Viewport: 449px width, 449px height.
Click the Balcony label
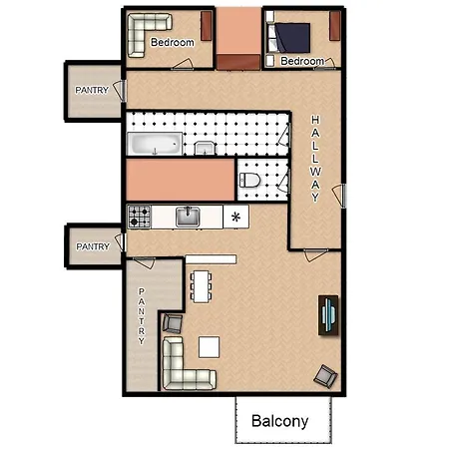coord(279,421)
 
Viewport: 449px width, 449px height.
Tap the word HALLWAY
coord(315,159)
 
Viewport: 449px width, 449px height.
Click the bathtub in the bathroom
coord(155,144)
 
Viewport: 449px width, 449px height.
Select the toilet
coord(249,180)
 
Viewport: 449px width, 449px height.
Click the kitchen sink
coord(188,217)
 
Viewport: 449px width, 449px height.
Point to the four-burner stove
coord(140,217)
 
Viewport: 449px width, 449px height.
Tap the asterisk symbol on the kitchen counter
coord(235,218)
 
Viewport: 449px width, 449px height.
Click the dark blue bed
coord(291,38)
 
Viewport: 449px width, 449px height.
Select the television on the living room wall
coord(328,315)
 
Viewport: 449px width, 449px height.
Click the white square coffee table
coord(209,347)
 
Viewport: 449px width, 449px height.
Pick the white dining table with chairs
coord(202,286)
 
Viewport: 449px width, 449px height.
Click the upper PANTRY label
coord(92,90)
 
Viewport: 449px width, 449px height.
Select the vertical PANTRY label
coord(142,316)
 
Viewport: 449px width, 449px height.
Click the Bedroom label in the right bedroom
coord(302,61)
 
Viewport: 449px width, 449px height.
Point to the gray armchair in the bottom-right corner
coord(326,376)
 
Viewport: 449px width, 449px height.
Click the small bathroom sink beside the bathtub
coord(205,148)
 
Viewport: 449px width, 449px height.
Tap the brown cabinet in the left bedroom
coord(207,26)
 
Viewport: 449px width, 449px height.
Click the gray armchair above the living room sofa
coord(173,323)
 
